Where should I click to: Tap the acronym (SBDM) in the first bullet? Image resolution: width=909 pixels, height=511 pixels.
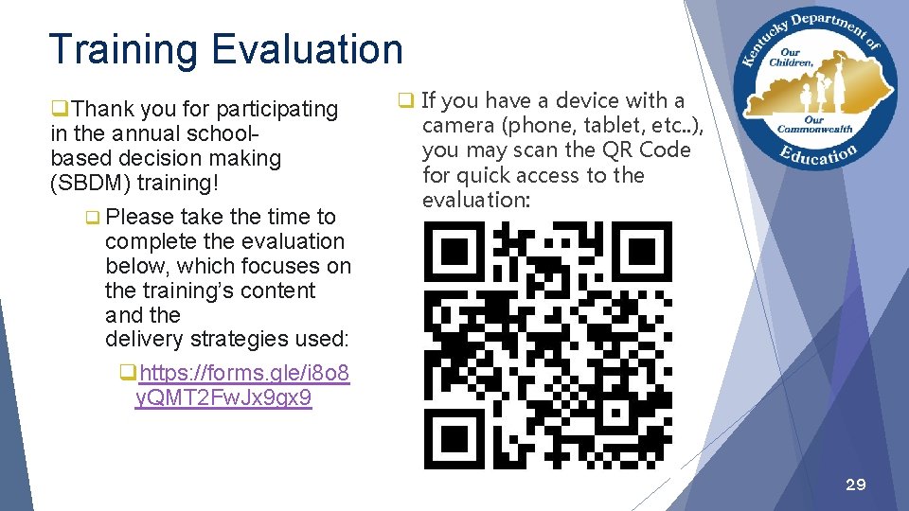click(89, 183)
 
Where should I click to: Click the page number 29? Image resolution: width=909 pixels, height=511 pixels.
click(854, 485)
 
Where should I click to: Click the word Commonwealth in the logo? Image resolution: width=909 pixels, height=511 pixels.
click(813, 130)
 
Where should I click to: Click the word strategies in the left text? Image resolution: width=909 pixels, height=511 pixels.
click(239, 339)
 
